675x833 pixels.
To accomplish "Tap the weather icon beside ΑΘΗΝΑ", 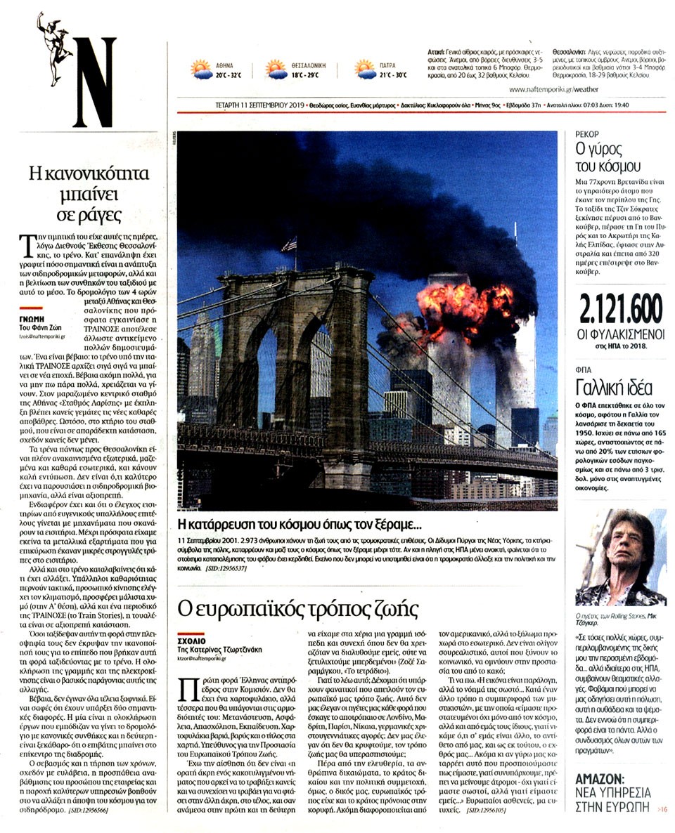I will (201, 69).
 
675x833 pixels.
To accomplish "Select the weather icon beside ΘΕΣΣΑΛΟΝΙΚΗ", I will (276, 69).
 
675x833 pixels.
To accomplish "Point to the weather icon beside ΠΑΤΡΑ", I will (365, 69).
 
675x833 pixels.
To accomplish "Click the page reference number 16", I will (663, 810).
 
